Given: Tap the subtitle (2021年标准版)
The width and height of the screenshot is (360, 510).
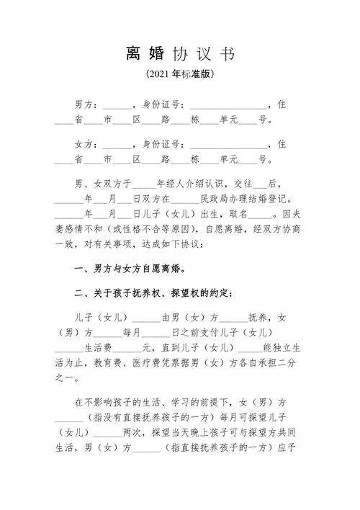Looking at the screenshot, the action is coord(180,74).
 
